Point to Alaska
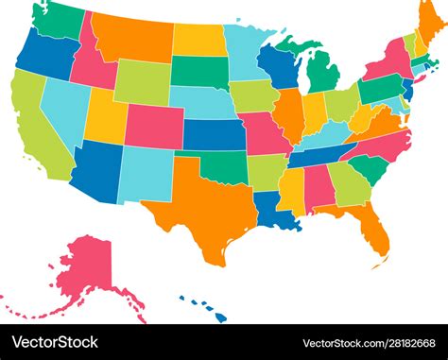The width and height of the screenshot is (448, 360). (85, 268)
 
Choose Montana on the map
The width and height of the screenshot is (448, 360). (132, 38)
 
